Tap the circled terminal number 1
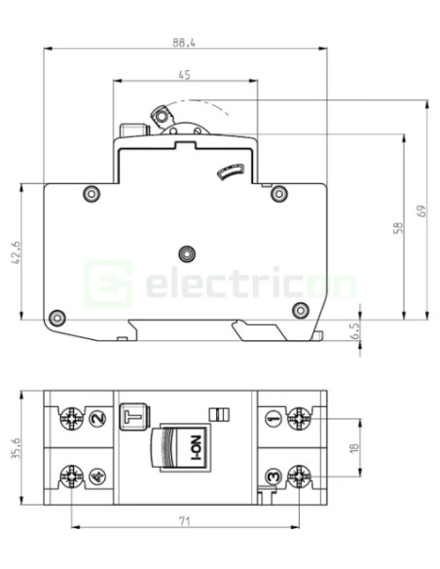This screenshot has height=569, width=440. click(x=274, y=420)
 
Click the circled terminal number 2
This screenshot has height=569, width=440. click(x=95, y=420)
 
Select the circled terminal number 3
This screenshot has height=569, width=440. click(x=274, y=476)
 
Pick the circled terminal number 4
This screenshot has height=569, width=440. click(x=95, y=476)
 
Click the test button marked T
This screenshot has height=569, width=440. click(x=129, y=418)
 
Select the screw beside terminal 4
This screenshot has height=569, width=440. click(x=72, y=476)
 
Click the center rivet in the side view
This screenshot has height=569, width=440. click(x=184, y=250)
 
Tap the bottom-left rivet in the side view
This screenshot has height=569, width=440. click(x=56, y=317)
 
